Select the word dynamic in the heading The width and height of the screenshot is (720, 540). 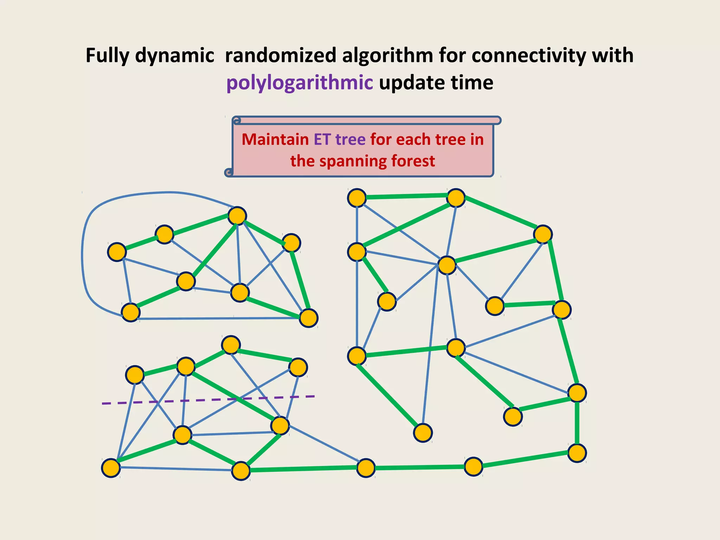[x=175, y=56]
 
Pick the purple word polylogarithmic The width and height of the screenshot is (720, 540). [x=300, y=83]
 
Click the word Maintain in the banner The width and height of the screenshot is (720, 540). [x=275, y=140]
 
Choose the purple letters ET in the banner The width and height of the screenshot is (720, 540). [x=322, y=140]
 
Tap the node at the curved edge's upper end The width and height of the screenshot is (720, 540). [x=237, y=216]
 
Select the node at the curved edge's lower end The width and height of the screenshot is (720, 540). [x=130, y=312]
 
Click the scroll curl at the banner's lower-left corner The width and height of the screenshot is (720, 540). [x=229, y=172]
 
